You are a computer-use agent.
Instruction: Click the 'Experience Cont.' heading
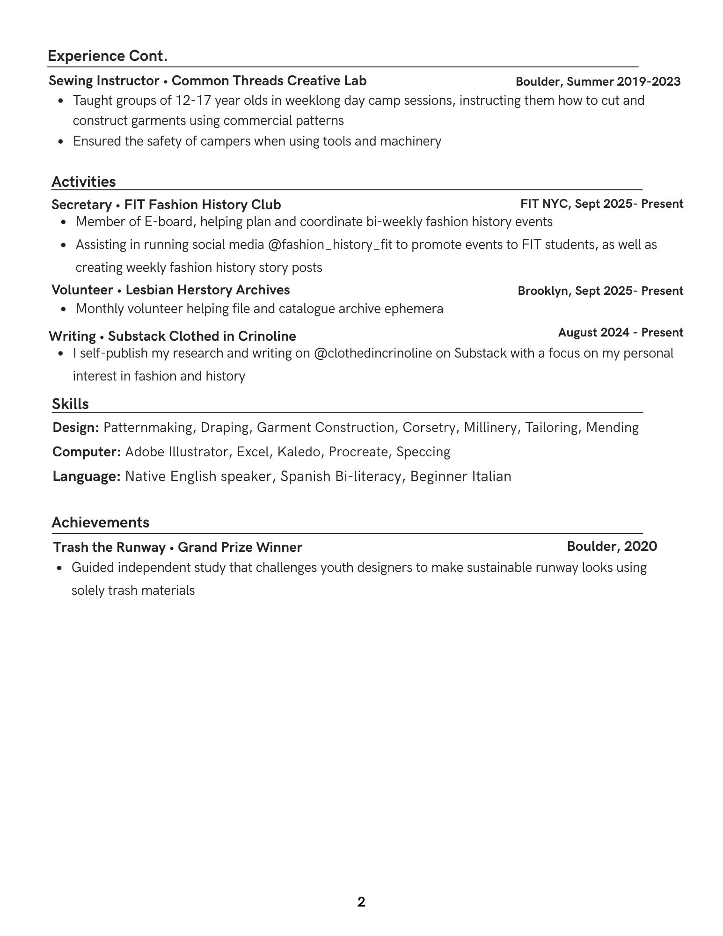pos(107,56)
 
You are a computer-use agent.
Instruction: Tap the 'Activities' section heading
pos(83,182)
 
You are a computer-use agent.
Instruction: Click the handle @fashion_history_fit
pos(330,245)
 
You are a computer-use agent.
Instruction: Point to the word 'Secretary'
pos(81,205)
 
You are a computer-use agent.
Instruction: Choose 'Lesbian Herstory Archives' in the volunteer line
pos(207,290)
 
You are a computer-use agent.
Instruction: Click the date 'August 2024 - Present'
pos(621,333)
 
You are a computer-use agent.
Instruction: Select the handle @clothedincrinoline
pos(372,353)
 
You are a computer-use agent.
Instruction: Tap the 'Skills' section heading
pos(70,404)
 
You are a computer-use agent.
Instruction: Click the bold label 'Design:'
pos(75,428)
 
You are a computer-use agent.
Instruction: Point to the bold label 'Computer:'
pos(87,452)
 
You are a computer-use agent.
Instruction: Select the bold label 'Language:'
pos(87,476)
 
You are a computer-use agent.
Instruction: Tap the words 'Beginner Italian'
pos(460,476)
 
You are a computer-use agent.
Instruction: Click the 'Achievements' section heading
pos(100,522)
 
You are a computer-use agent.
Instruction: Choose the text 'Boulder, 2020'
pos(612,547)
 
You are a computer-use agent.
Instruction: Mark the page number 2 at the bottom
pos(361,902)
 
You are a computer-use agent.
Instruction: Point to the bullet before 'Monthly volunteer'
pos(64,309)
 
